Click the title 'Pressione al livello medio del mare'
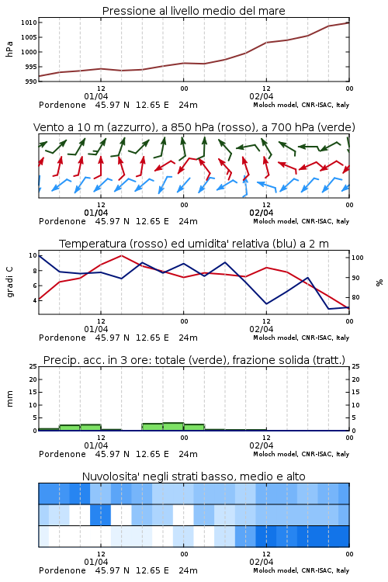(193, 11)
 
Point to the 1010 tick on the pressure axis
(29, 23)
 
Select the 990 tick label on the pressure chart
(31, 81)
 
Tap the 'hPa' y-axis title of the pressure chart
(9, 49)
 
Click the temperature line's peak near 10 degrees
(121, 255)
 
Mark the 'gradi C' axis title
(9, 282)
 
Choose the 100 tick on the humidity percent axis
(358, 258)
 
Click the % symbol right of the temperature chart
(379, 282)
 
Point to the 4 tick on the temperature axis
(34, 300)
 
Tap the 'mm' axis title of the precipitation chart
(9, 399)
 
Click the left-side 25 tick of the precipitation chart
(33, 366)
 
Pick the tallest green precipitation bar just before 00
(173, 427)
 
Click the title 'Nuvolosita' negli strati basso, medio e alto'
(193, 476)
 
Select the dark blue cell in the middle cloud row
(100, 514)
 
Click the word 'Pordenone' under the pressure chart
(62, 105)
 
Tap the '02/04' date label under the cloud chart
(261, 562)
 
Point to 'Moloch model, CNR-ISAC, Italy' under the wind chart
(301, 221)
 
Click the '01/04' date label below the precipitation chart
(95, 445)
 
